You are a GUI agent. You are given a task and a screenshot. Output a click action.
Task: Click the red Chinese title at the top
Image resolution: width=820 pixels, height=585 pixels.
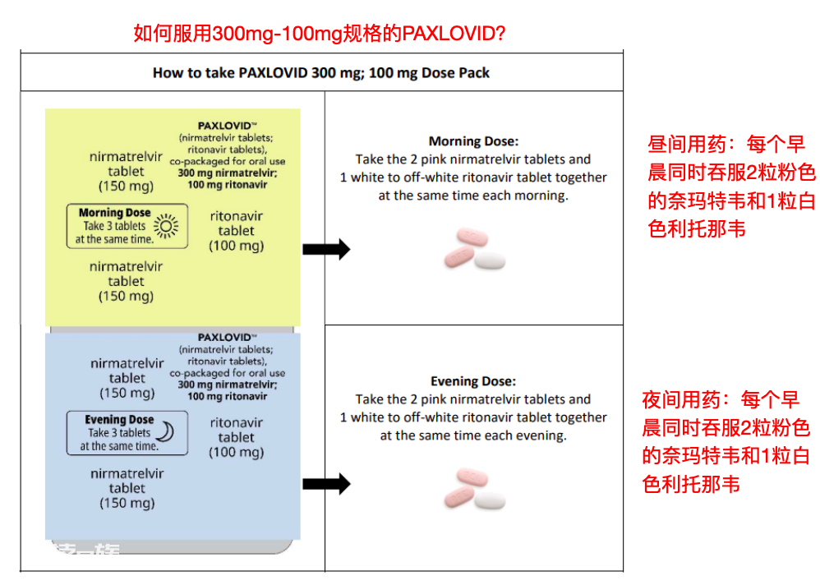(319, 34)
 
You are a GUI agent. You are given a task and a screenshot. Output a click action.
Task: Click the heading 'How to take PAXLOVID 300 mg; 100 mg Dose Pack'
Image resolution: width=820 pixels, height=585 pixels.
(321, 72)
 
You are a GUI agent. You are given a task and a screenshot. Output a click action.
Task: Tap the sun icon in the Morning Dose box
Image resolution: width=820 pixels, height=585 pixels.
(166, 226)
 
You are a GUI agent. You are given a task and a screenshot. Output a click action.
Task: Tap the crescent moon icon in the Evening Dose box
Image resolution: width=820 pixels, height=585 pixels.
(166, 432)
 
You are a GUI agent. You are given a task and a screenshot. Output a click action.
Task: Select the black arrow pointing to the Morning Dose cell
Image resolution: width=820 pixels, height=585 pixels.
(326, 249)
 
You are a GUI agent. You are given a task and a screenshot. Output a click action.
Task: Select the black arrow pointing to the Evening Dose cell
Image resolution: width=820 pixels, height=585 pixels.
(326, 484)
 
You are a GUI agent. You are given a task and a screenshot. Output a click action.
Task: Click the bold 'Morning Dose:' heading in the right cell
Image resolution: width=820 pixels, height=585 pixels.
(473, 141)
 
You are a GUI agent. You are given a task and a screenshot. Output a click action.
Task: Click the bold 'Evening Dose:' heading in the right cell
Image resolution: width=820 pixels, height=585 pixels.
(473, 381)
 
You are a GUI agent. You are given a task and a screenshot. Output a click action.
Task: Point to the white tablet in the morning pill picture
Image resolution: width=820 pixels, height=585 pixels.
(490, 260)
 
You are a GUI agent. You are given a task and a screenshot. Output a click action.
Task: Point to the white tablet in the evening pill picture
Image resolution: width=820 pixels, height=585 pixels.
(490, 500)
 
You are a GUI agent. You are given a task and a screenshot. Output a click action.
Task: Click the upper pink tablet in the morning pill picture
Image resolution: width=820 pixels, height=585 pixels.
(472, 237)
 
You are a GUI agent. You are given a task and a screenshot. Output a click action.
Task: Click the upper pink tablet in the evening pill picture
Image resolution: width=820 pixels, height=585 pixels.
(472, 477)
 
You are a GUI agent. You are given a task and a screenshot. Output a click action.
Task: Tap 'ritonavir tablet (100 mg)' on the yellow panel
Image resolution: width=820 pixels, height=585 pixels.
(237, 231)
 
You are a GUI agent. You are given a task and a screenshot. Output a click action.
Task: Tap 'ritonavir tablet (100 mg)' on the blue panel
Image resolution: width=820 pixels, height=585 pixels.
(237, 437)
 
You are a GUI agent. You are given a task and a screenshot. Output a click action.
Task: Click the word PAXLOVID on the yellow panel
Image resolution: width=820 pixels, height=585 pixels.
(224, 126)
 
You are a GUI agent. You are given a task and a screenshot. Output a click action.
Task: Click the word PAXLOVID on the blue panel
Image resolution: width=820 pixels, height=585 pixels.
(224, 337)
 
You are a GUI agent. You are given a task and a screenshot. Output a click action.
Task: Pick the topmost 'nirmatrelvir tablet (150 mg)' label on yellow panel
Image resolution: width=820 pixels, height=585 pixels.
(126, 172)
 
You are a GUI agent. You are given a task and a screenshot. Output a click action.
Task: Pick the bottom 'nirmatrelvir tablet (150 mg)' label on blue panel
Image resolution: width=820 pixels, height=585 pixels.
(127, 488)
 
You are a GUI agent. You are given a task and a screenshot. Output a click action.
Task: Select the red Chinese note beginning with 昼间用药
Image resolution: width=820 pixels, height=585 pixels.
(731, 187)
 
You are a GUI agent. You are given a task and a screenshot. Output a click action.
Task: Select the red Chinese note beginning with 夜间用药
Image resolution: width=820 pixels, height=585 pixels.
(726, 442)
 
